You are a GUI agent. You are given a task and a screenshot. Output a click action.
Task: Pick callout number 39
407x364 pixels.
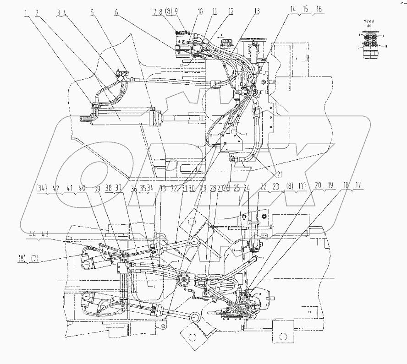96,187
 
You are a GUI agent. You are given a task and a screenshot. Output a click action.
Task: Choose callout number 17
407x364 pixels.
357,185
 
